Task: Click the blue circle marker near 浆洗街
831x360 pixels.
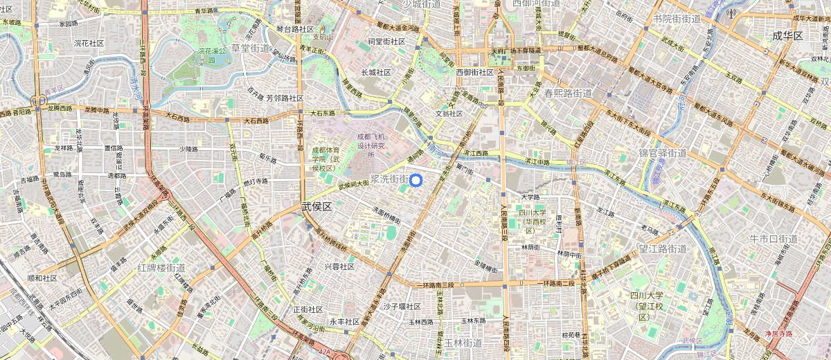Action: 415,181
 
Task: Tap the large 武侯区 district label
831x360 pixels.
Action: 317,207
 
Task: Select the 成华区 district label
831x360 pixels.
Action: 787,35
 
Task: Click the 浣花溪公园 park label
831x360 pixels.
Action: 213,51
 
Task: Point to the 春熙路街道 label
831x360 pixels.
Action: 568,93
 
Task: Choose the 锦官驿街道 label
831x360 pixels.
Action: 662,153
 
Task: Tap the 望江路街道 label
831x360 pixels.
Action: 662,249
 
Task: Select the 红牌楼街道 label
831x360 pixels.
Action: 161,267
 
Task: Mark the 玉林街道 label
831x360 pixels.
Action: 463,343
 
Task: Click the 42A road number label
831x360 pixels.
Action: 325,352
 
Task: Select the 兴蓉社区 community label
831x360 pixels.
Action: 339,267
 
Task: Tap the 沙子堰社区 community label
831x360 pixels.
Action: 402,306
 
